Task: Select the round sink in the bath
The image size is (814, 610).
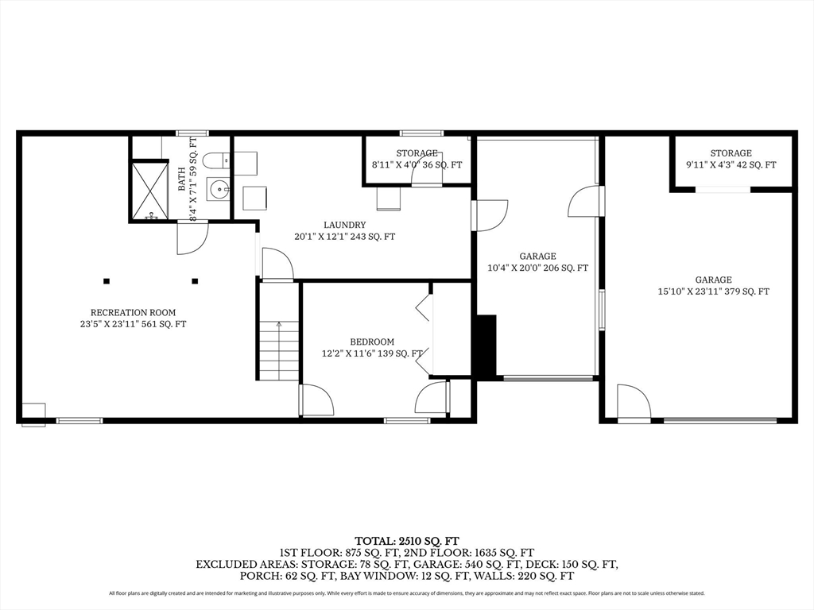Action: click(x=218, y=188)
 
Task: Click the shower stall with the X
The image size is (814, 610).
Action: click(x=149, y=191)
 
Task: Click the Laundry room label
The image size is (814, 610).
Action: click(x=345, y=230)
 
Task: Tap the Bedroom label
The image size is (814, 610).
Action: click(x=372, y=348)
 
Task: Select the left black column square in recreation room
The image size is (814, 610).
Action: click(x=107, y=281)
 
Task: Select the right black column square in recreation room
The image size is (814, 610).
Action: click(x=195, y=281)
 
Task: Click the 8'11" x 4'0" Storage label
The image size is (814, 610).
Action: click(x=417, y=159)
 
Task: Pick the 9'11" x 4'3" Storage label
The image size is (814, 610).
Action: click(x=731, y=159)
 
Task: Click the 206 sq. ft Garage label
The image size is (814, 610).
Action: click(x=538, y=262)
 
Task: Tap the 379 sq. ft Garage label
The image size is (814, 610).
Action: click(x=713, y=285)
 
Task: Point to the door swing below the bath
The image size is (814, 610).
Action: click(x=192, y=237)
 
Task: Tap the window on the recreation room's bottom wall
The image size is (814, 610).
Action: click(x=79, y=421)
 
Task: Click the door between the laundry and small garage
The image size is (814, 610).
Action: click(x=490, y=215)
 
